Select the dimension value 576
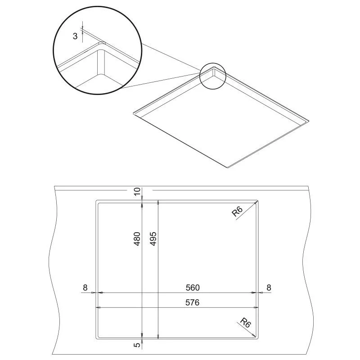tap(192, 303)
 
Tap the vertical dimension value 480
tap(137, 238)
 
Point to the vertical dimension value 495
tap(153, 238)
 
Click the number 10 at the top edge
tap(137, 192)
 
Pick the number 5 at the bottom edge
tap(137, 346)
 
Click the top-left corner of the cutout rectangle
tap(96, 200)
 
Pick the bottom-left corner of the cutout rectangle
tap(96, 337)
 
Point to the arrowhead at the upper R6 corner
tap(256, 202)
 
